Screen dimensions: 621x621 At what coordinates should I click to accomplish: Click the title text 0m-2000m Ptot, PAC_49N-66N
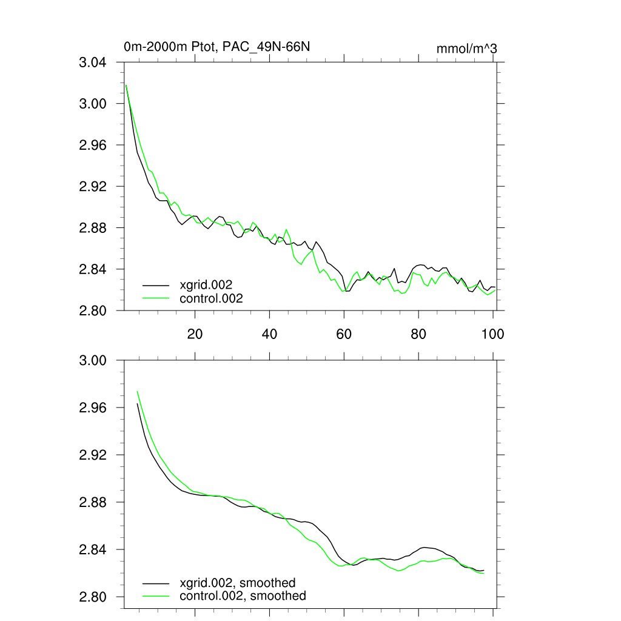pos(217,47)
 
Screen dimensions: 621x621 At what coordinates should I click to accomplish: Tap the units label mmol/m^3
pos(467,49)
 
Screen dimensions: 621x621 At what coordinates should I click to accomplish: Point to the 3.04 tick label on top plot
pos(93,62)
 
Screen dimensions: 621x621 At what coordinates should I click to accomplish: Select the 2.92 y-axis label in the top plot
pos(93,186)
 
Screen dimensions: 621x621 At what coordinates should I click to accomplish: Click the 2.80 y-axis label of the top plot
pos(93,310)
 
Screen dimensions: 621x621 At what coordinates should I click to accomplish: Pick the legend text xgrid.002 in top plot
pos(206,284)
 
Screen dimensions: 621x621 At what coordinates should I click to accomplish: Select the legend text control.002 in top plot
pos(211,298)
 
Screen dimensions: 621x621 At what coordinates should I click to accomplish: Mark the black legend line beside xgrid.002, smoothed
pos(156,583)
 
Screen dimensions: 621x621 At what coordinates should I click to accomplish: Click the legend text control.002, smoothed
pos(243,596)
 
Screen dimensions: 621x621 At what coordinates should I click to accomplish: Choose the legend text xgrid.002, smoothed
pos(238,583)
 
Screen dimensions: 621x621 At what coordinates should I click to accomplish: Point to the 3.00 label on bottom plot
pos(93,361)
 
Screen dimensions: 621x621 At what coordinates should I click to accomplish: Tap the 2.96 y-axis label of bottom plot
pos(93,408)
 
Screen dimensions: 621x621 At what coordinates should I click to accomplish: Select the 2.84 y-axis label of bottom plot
pos(93,550)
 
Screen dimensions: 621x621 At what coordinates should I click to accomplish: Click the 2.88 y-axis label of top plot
pos(93,228)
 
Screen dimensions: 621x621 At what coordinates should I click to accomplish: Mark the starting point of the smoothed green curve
pos(138,391)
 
